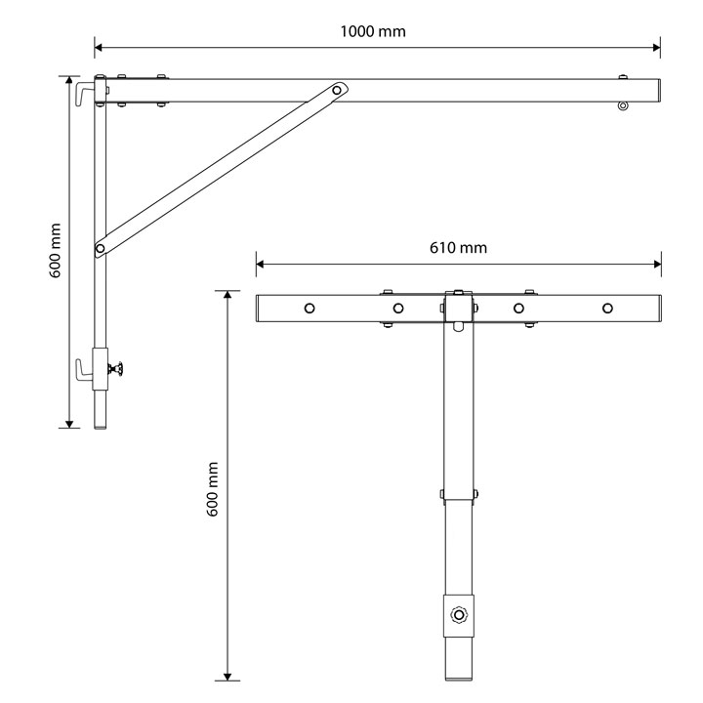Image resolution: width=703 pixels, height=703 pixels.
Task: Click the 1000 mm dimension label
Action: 373,31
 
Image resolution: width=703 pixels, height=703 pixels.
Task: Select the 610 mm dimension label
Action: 458,248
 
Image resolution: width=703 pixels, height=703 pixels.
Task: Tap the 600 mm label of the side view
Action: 55,251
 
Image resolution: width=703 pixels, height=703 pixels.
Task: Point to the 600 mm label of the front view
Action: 213,489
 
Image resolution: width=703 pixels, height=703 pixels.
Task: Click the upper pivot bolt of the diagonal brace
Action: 337,90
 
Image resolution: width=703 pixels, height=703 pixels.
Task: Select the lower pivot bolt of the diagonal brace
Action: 101,248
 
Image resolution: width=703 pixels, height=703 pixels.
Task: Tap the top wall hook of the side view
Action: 85,94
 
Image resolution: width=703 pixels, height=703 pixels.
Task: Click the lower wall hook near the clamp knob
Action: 84,370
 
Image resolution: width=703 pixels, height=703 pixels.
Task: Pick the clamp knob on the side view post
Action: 115,369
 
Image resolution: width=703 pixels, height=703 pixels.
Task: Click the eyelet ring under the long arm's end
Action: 623,105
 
